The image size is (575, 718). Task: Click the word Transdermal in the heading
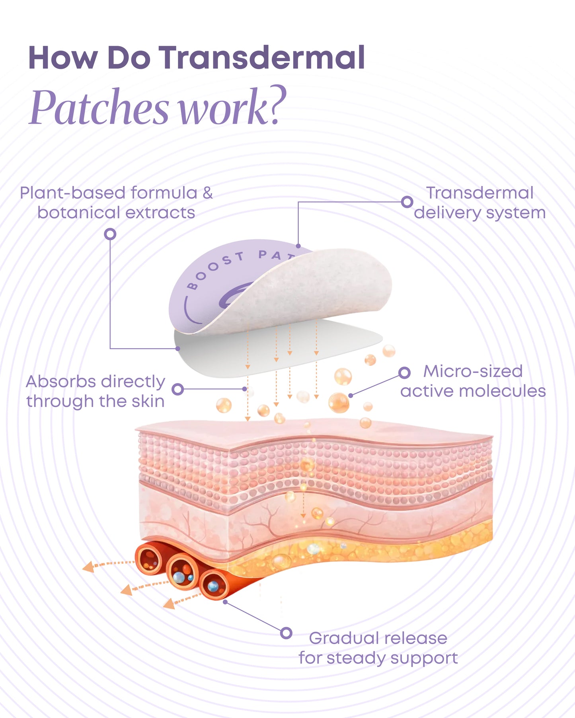(x=262, y=58)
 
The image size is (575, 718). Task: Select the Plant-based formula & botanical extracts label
(x=116, y=203)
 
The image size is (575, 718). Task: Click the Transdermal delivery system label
(x=479, y=203)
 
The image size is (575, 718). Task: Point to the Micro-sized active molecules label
(x=473, y=381)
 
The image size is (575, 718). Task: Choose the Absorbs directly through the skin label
(x=96, y=391)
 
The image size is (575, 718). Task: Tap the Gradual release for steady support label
(x=378, y=648)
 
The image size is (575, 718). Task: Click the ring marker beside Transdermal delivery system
(x=407, y=202)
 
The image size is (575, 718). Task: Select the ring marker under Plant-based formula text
(x=110, y=234)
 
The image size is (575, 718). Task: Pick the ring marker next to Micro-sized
(x=404, y=373)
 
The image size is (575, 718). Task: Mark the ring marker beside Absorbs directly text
(x=178, y=389)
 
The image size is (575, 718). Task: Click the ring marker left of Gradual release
(x=286, y=633)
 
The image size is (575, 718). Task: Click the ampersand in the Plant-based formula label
(x=207, y=193)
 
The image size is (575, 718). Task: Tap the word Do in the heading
(x=129, y=58)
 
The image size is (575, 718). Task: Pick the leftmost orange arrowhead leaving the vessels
(x=88, y=567)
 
